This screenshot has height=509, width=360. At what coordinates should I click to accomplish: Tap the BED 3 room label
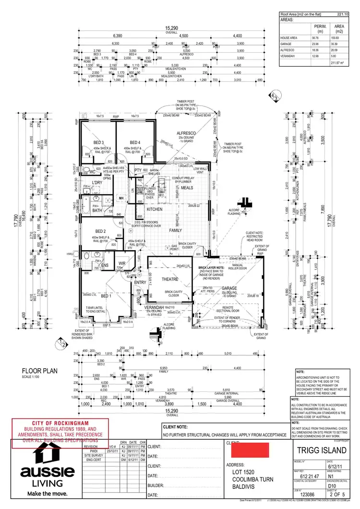click(x=98, y=143)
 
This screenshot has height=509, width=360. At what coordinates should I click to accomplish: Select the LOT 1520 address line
click(x=245, y=473)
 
